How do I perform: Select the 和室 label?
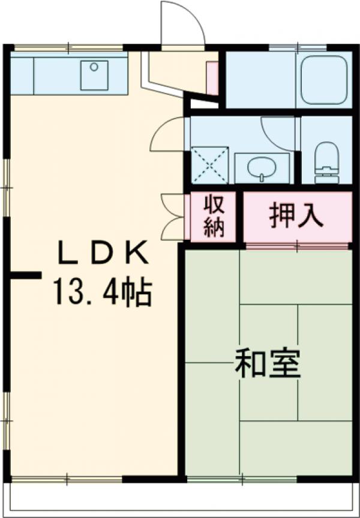click(266, 364)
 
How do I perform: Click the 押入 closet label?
click(296, 216)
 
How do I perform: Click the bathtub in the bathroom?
click(324, 79)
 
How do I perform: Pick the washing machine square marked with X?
click(209, 164)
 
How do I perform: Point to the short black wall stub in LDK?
click(25, 275)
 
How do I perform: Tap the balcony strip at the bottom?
click(180, 495)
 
